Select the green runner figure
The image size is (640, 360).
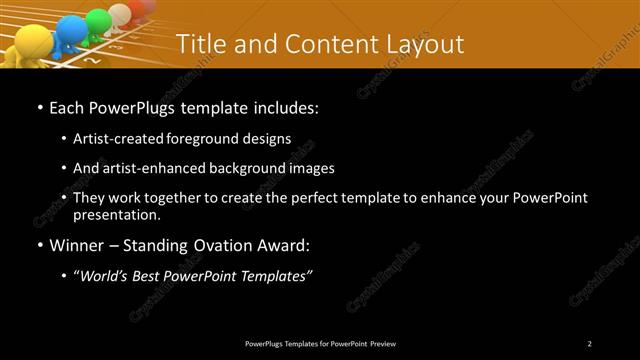98,21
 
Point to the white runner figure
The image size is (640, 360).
121,14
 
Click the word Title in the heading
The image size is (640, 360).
205,44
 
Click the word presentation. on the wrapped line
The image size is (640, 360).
116,214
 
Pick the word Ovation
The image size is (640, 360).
226,244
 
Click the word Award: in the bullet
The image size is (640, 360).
286,244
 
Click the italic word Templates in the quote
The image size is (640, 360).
276,276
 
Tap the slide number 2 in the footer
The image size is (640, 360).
590,344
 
